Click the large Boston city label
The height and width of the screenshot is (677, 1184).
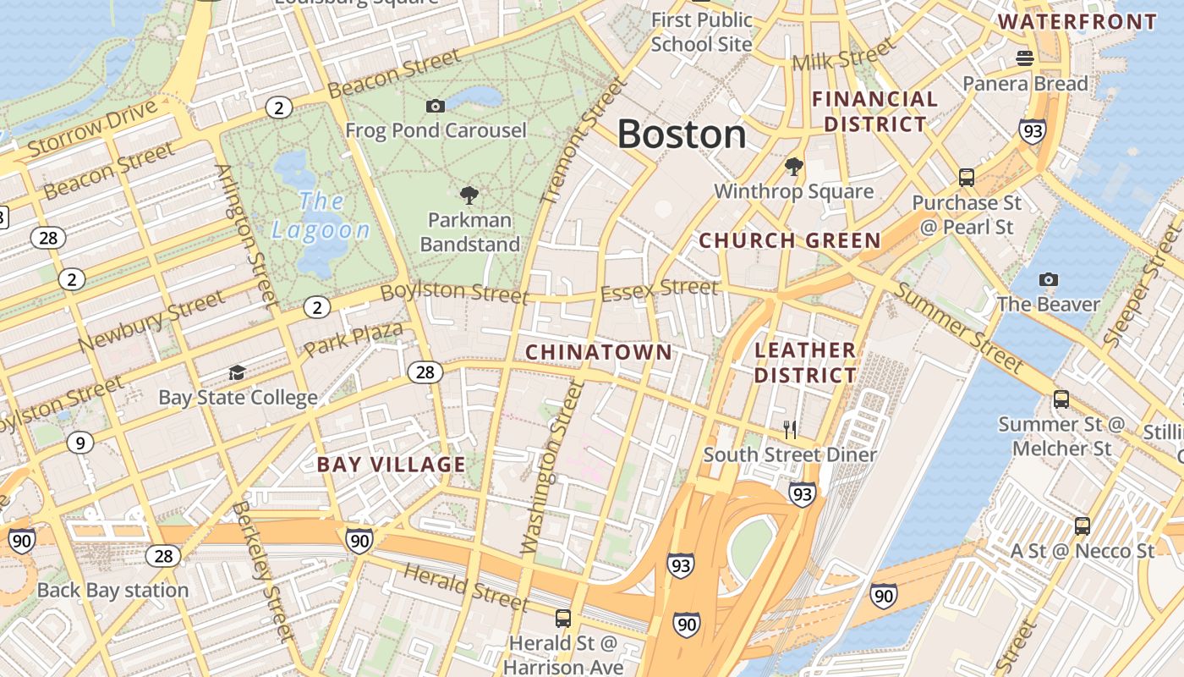coord(682,135)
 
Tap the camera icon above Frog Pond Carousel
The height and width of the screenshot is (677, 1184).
coord(436,106)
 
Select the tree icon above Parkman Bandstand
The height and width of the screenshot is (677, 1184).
coord(469,196)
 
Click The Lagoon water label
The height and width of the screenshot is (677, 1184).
coord(321,216)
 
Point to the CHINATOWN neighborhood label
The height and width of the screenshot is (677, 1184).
coord(599,352)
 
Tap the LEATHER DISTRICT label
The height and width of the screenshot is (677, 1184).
coord(805,362)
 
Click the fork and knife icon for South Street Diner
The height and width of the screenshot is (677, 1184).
coord(790,430)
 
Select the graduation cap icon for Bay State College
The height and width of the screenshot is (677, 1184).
coord(238,373)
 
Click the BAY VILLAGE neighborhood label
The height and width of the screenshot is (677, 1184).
coord(391,465)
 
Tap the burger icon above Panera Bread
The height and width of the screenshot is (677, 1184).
coord(1025,58)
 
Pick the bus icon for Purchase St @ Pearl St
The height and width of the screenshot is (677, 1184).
coord(967,178)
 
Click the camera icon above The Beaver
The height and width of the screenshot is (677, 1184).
coord(1049,279)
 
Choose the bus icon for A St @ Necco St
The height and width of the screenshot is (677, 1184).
coord(1083,526)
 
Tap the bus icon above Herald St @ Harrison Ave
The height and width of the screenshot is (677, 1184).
coord(563,619)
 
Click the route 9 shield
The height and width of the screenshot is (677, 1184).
coord(79,443)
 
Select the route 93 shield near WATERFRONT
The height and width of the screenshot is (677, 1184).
coord(1033,130)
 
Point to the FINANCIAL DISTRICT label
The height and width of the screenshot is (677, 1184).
coord(875,112)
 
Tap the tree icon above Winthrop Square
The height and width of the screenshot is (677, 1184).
coord(793,166)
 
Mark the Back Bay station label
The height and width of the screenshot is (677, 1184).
coord(112,591)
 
